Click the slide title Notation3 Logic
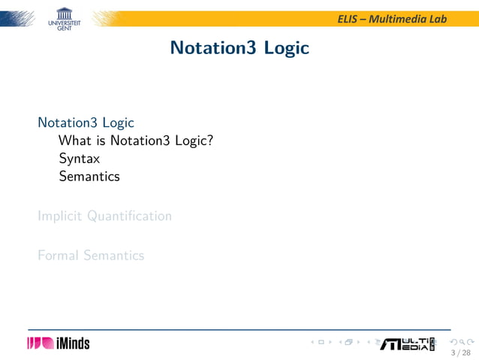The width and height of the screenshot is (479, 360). pyautogui.click(x=239, y=48)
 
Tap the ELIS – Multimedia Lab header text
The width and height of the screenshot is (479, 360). pyautogui.click(x=392, y=18)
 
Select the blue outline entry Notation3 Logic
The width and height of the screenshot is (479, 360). pyautogui.click(x=86, y=122)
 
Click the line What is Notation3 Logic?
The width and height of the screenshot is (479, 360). pyautogui.click(x=136, y=140)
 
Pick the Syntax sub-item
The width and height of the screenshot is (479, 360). pyautogui.click(x=80, y=159)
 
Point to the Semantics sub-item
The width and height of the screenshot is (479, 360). pyautogui.click(x=89, y=177)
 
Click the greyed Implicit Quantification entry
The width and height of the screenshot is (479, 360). pyautogui.click(x=104, y=216)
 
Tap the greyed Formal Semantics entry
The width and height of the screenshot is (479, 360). pyautogui.click(x=91, y=256)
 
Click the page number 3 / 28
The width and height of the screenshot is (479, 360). pyautogui.click(x=459, y=352)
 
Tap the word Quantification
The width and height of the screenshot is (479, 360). pyautogui.click(x=129, y=216)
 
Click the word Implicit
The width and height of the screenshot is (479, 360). pyautogui.click(x=61, y=216)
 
